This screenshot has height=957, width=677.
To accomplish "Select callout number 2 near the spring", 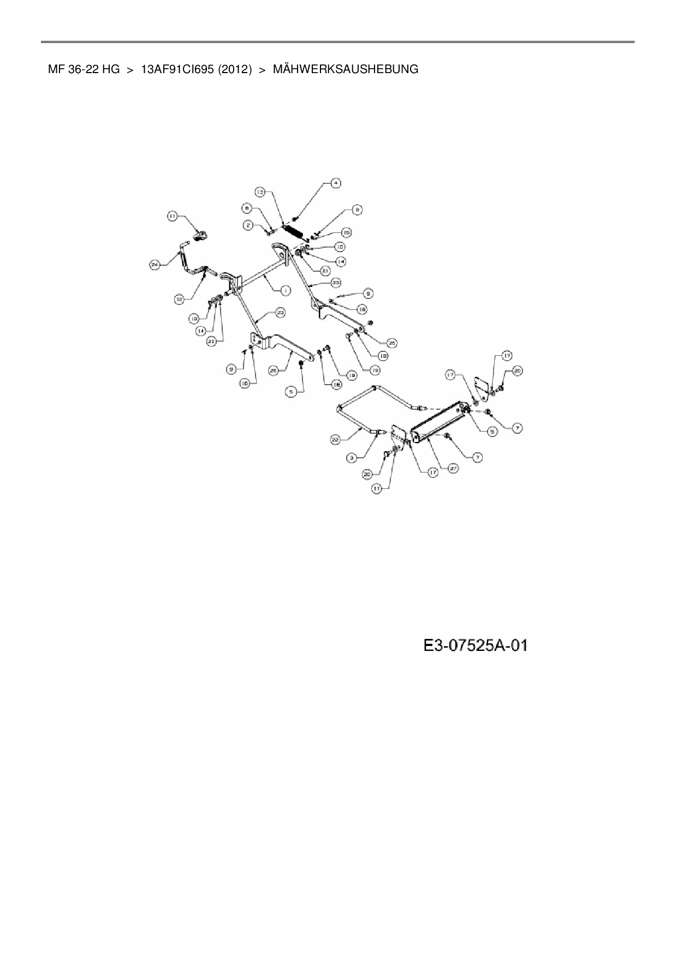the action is (x=248, y=225).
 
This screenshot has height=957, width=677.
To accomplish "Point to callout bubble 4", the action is (x=336, y=183).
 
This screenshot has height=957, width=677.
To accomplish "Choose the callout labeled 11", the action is (x=173, y=217).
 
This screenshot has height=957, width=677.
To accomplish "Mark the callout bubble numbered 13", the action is (x=260, y=192).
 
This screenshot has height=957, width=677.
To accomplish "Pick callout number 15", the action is (x=346, y=233).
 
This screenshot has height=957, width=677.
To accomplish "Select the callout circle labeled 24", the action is (x=155, y=265).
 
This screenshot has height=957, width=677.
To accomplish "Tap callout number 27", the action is (x=454, y=468).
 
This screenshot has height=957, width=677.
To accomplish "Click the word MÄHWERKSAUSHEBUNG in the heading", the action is (x=345, y=70).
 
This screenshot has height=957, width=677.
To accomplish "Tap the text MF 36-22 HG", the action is (x=84, y=70).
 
